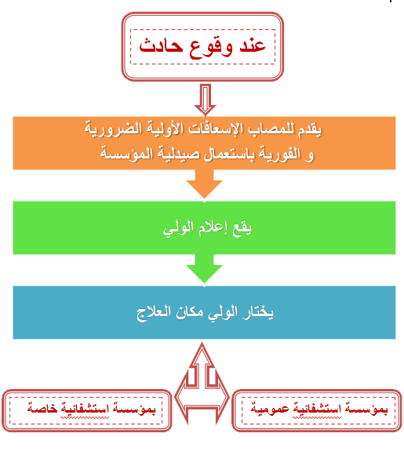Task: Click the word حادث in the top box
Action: (161, 45)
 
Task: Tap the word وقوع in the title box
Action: (211, 48)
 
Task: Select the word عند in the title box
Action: (253, 45)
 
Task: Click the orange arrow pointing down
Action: (204, 184)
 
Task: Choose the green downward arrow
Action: (204, 269)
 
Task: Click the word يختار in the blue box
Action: (258, 313)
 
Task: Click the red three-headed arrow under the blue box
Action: (202, 383)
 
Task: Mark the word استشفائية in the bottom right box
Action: (317, 409)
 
